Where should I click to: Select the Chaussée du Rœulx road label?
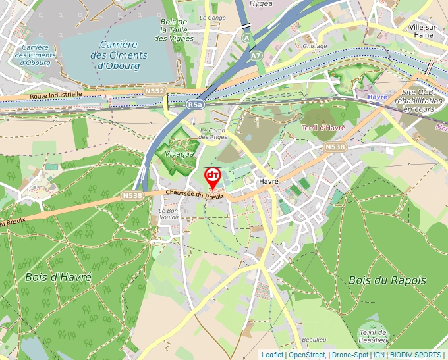point(195,194)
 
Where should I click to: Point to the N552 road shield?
point(154,90)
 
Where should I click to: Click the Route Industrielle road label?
point(56,95)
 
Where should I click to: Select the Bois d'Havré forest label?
point(58,277)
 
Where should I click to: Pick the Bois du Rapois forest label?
point(387,280)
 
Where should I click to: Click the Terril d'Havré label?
point(324,127)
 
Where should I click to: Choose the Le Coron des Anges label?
point(213,133)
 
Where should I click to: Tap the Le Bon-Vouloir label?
point(170,214)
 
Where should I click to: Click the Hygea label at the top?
point(261,3)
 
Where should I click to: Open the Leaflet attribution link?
point(272,355)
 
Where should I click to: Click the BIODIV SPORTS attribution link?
point(416,355)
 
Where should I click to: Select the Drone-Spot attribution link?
point(350,355)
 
